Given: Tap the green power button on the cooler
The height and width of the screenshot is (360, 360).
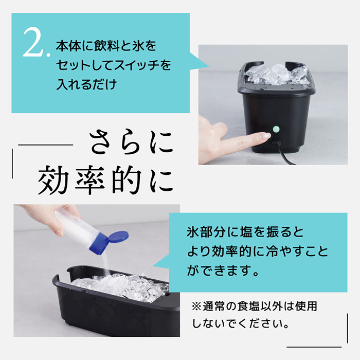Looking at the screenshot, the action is pyautogui.click(x=276, y=129).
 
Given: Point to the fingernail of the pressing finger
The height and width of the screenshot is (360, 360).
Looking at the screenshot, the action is pyautogui.click(x=266, y=136).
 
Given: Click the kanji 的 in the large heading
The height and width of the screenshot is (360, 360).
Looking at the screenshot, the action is pyautogui.click(x=126, y=179).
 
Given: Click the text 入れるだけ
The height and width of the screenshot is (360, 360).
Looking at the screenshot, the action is pyautogui.click(x=86, y=84).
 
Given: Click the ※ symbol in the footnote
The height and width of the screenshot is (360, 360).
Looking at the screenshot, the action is pyautogui.click(x=196, y=307).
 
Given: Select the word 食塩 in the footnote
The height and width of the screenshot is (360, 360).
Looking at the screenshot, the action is pyautogui.click(x=248, y=307).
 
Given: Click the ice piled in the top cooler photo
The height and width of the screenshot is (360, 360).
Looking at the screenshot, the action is pyautogui.click(x=277, y=74).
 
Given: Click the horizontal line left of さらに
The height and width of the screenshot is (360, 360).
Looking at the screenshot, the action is pyautogui.click(x=45, y=145).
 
